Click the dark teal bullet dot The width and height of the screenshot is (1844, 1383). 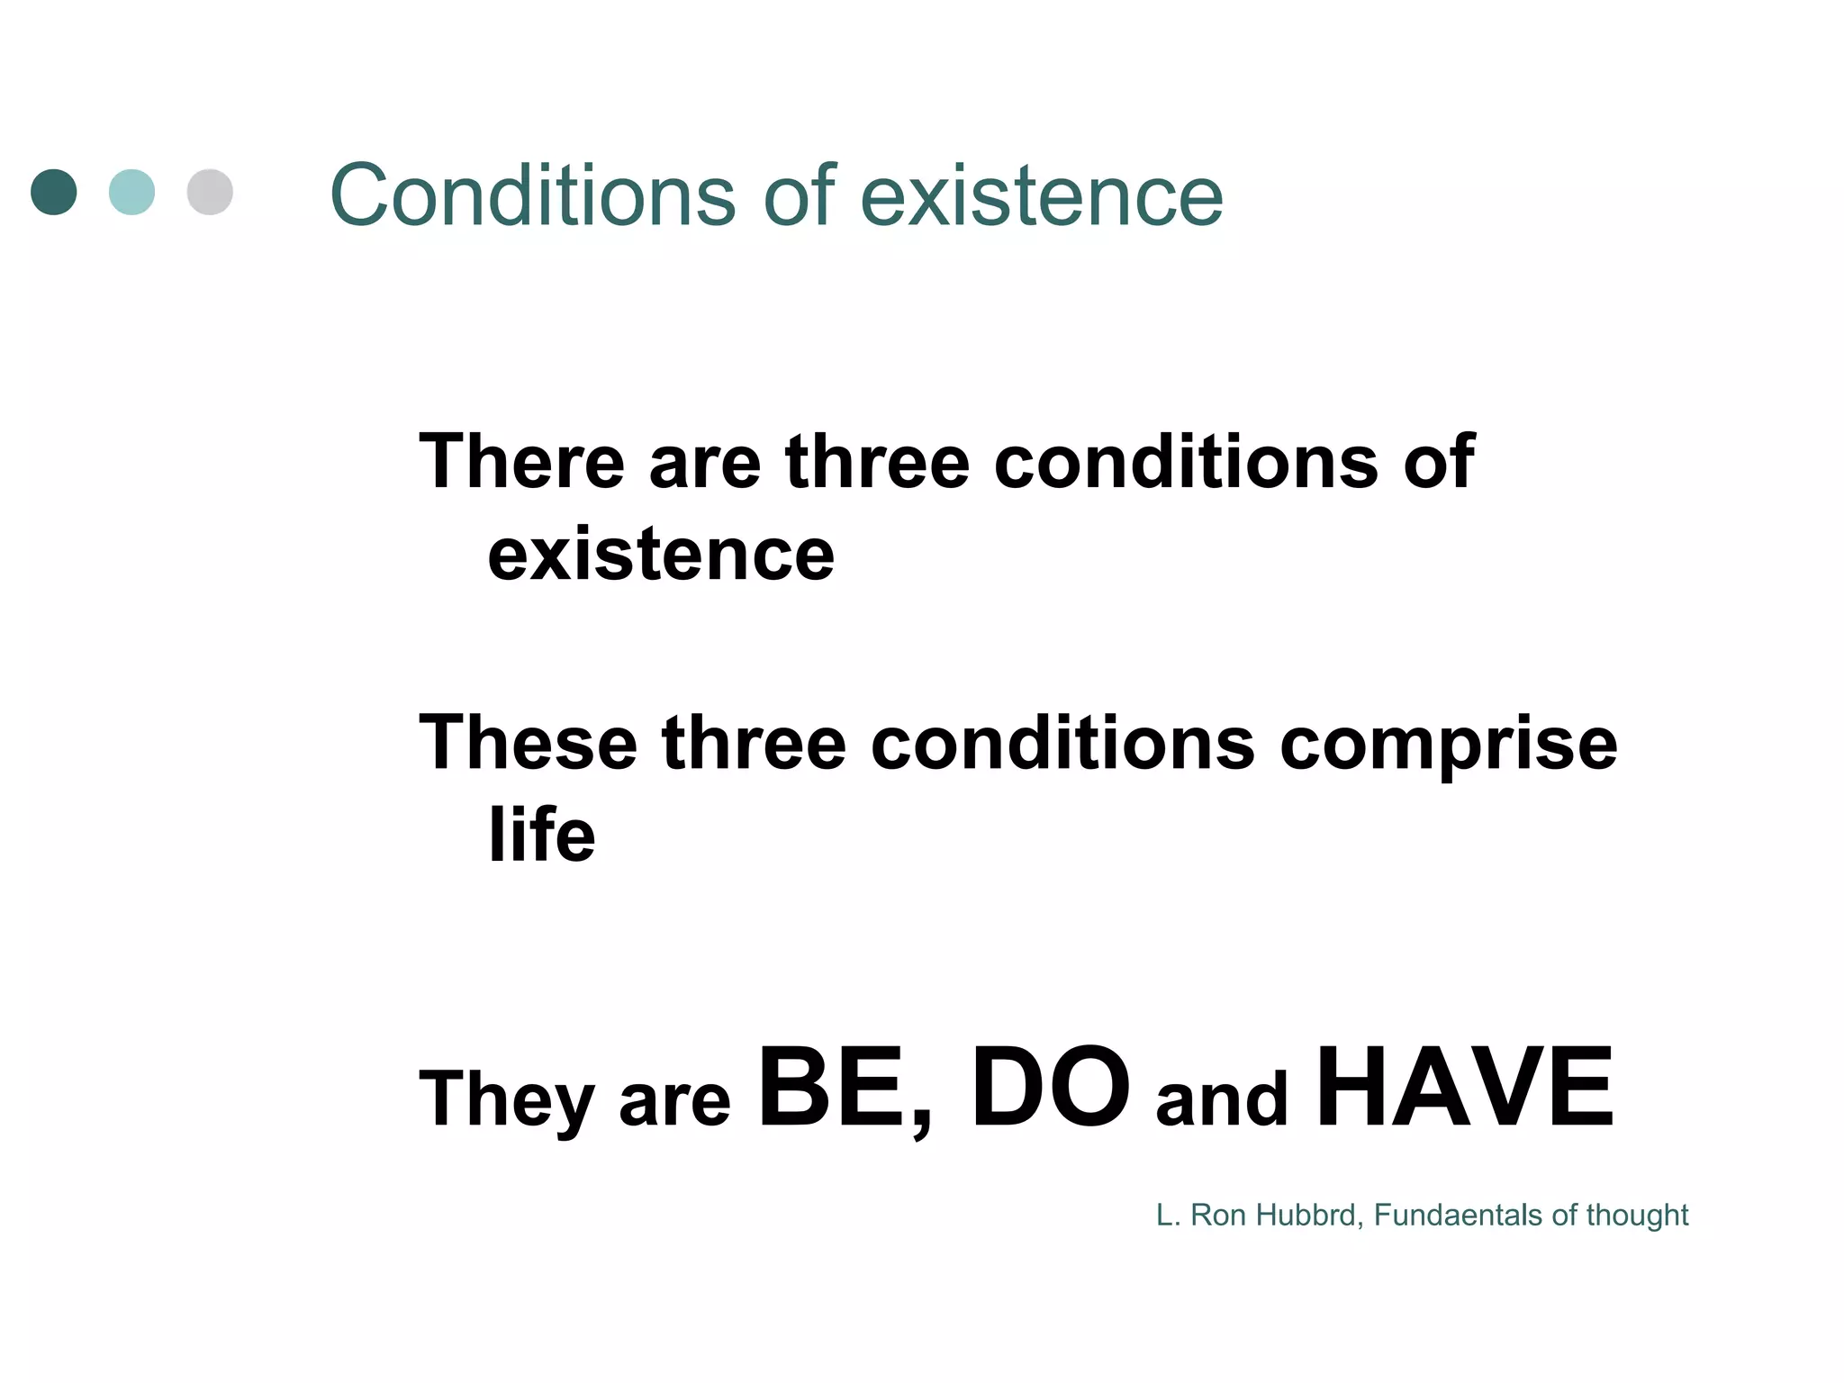click(54, 192)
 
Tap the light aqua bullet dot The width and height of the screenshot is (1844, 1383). click(131, 192)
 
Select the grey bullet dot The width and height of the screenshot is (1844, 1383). click(210, 192)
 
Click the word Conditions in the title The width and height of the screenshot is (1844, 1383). click(532, 195)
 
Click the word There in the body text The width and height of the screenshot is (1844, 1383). click(521, 462)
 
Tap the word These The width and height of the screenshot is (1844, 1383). click(528, 743)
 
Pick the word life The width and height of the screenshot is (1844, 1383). click(541, 835)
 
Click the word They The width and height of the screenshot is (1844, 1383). click(505, 1099)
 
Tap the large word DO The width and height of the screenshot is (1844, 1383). click(1050, 1089)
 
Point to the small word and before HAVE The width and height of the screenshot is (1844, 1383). click(1222, 1099)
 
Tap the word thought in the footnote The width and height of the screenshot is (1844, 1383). click(1636, 1216)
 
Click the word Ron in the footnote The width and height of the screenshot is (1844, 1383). click(1218, 1216)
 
